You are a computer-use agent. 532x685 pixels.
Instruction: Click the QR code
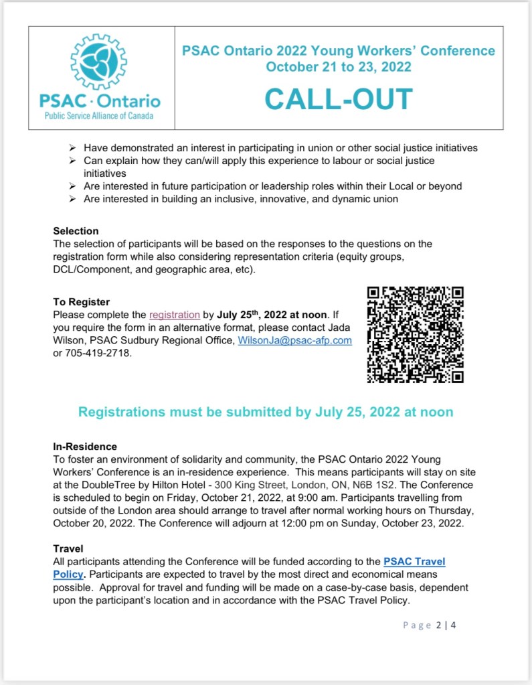pos(415,334)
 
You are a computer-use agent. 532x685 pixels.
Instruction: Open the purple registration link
pos(174,315)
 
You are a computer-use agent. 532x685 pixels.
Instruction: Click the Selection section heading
pos(76,231)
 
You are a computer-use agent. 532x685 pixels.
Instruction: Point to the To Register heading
pos(81,302)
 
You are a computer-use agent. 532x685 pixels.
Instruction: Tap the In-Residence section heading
pos(85,447)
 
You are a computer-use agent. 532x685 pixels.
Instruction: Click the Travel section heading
pos(68,548)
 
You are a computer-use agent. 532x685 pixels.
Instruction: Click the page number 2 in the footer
pos(439,626)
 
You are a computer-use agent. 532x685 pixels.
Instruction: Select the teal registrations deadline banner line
pos(266,412)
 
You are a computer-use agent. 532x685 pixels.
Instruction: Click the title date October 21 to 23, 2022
pos(338,67)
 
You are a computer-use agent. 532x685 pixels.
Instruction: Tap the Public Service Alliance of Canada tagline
pos(98,116)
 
